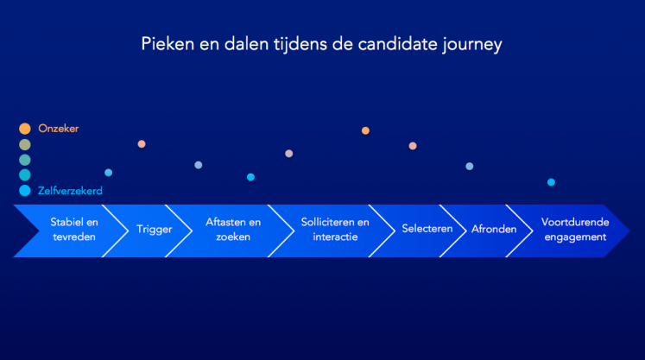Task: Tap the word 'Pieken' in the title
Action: click(x=168, y=44)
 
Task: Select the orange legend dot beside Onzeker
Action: click(x=25, y=129)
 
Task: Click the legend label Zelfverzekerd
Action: click(x=70, y=191)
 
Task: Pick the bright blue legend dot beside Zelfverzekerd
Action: click(x=25, y=191)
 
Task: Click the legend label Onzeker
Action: click(x=59, y=129)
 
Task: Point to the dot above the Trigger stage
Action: click(x=142, y=144)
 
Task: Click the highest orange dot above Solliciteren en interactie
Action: click(x=365, y=131)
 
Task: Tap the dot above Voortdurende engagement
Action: click(x=551, y=182)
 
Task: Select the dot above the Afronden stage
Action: click(x=470, y=167)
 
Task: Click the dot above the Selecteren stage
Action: click(x=413, y=146)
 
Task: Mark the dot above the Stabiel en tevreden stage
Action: click(x=108, y=173)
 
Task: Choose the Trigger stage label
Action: click(x=155, y=229)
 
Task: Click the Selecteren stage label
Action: click(x=427, y=229)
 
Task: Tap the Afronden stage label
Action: click(x=494, y=229)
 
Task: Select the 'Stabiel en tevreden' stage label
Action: click(x=74, y=230)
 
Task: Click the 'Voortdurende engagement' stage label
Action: click(x=575, y=230)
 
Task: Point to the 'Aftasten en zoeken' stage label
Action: click(x=233, y=230)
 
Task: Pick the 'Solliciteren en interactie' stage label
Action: click(x=335, y=230)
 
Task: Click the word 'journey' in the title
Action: click(x=472, y=45)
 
